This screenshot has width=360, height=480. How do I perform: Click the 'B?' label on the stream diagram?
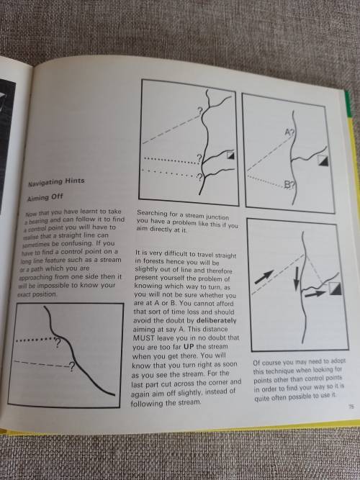click(x=289, y=185)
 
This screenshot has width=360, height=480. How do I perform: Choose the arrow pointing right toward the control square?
click(x=313, y=294)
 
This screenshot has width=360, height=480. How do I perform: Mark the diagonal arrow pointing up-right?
click(x=262, y=275)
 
